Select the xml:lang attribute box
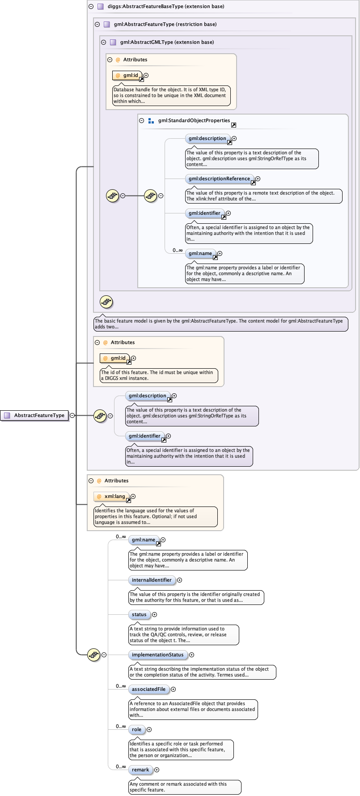[x=112, y=496]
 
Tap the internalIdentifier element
[x=152, y=580]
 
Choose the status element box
[x=139, y=614]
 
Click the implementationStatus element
[x=157, y=655]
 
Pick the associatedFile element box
[x=148, y=689]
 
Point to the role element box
[x=136, y=729]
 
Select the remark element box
[x=140, y=770]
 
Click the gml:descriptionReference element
[x=219, y=179]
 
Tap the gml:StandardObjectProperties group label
[x=194, y=120]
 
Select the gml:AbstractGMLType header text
[x=167, y=42]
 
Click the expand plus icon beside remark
[x=157, y=770]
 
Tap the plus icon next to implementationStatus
[x=191, y=655]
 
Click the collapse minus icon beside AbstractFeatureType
[x=72, y=415]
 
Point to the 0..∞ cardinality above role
[x=121, y=726]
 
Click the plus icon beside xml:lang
[x=133, y=496]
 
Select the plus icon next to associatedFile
[x=173, y=690]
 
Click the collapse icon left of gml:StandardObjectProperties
[x=142, y=120]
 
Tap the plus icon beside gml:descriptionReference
[x=258, y=179]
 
